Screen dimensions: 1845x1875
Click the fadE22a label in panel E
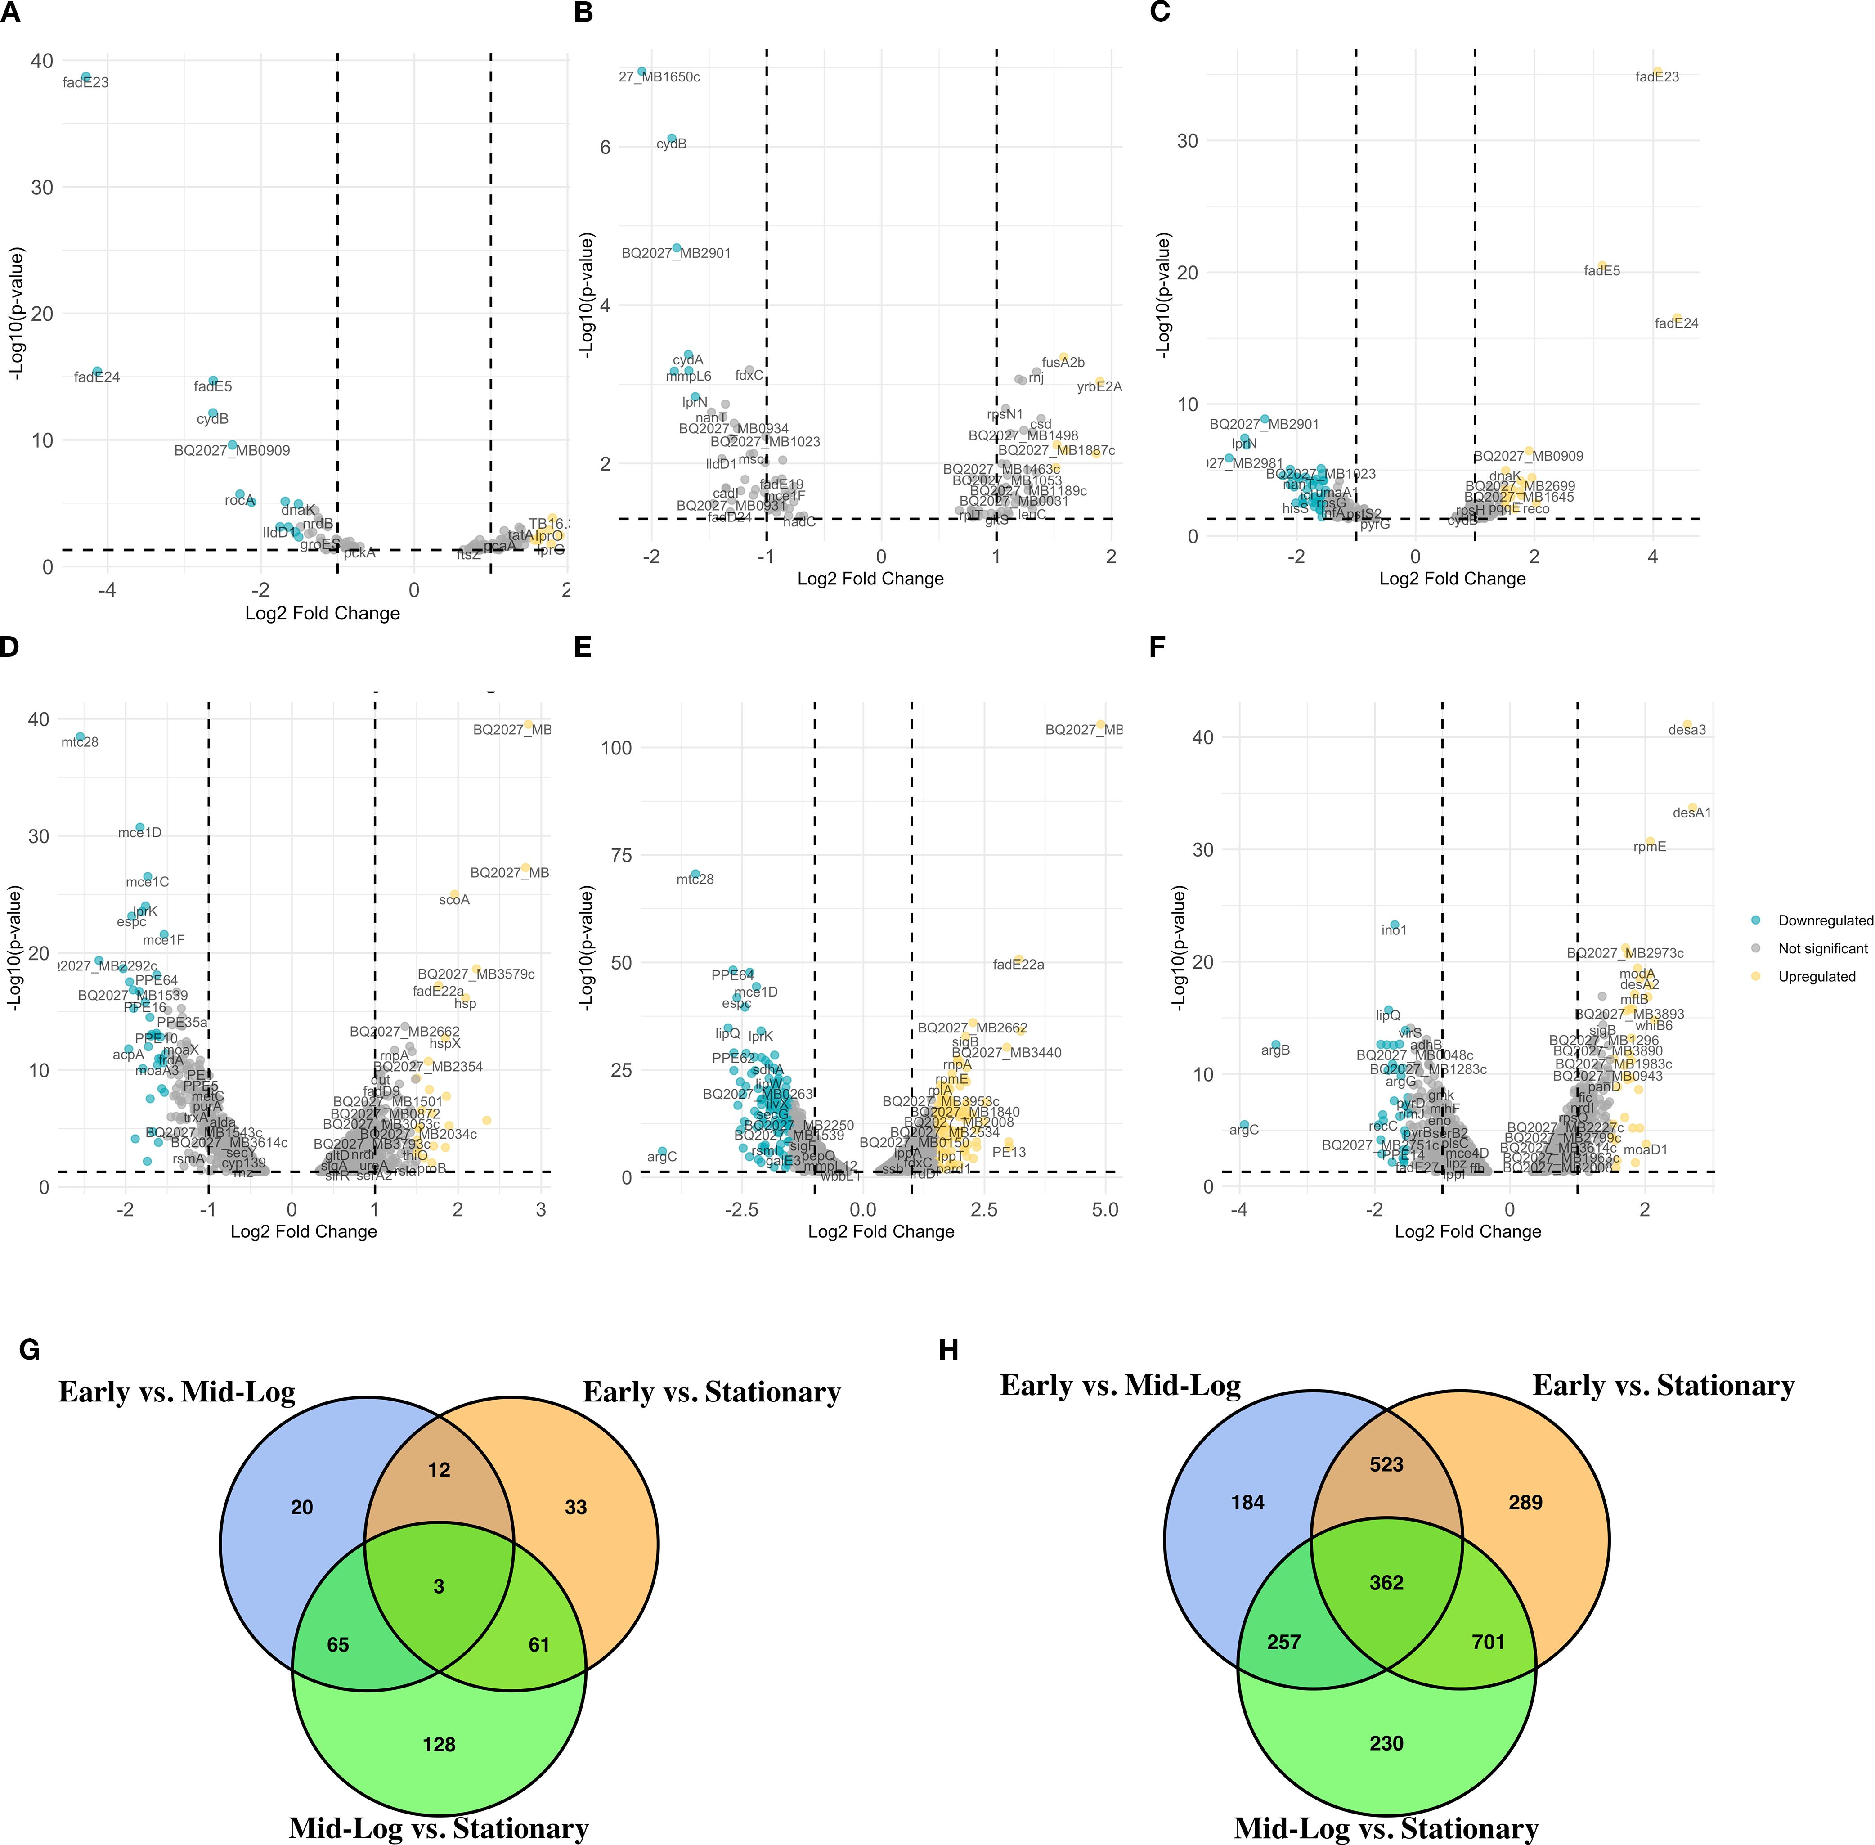pyautogui.click(x=1018, y=964)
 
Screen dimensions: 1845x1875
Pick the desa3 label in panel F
pyautogui.click(x=1687, y=730)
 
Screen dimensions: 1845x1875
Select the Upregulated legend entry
pyautogui.click(x=1816, y=977)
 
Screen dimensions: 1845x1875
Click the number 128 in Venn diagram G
pyautogui.click(x=439, y=1744)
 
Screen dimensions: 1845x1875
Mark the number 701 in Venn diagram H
pyautogui.click(x=1489, y=1642)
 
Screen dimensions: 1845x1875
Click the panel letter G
pyautogui.click(x=29, y=1350)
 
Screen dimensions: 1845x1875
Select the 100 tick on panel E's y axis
pyautogui.click(x=617, y=747)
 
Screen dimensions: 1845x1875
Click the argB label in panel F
pyautogui.click(x=1275, y=1050)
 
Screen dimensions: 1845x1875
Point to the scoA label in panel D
pyautogui.click(x=454, y=900)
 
